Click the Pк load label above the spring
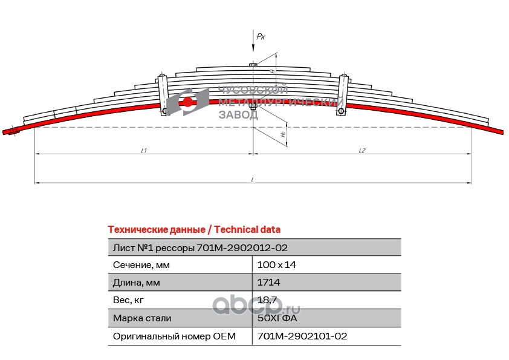[x=261, y=37]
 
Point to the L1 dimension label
[x=144, y=150]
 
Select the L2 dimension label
[x=361, y=150]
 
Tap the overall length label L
[x=253, y=178]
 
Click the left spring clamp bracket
[x=163, y=94]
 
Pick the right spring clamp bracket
[x=343, y=94]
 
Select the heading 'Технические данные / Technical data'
[x=193, y=230]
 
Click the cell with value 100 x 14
[x=277, y=265]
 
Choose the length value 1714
[x=268, y=283]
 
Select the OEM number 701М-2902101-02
[x=302, y=336]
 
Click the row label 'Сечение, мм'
[x=141, y=265]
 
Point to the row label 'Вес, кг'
[x=129, y=300]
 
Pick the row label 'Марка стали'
[x=142, y=318]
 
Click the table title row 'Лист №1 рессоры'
[x=200, y=247]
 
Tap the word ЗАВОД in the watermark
[x=238, y=115]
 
